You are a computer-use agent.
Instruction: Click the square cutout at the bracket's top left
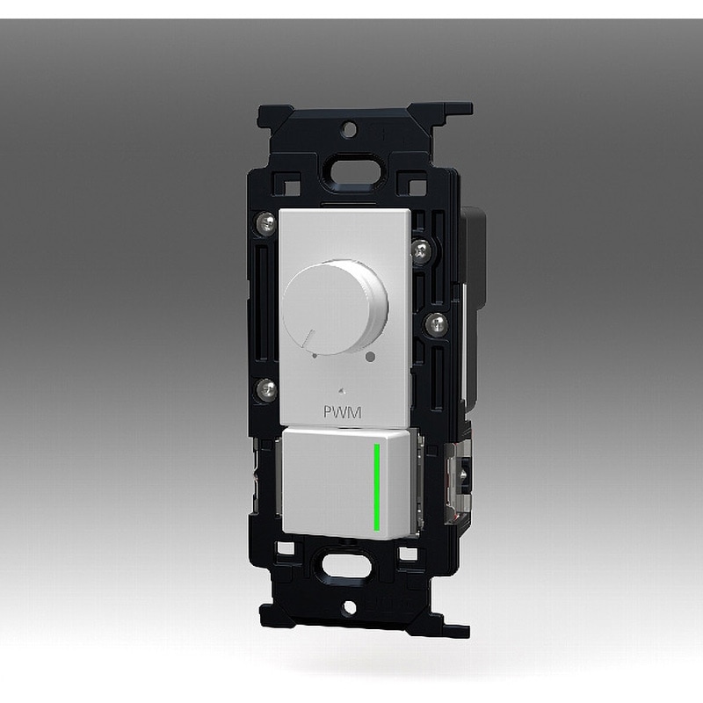point(286,186)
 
